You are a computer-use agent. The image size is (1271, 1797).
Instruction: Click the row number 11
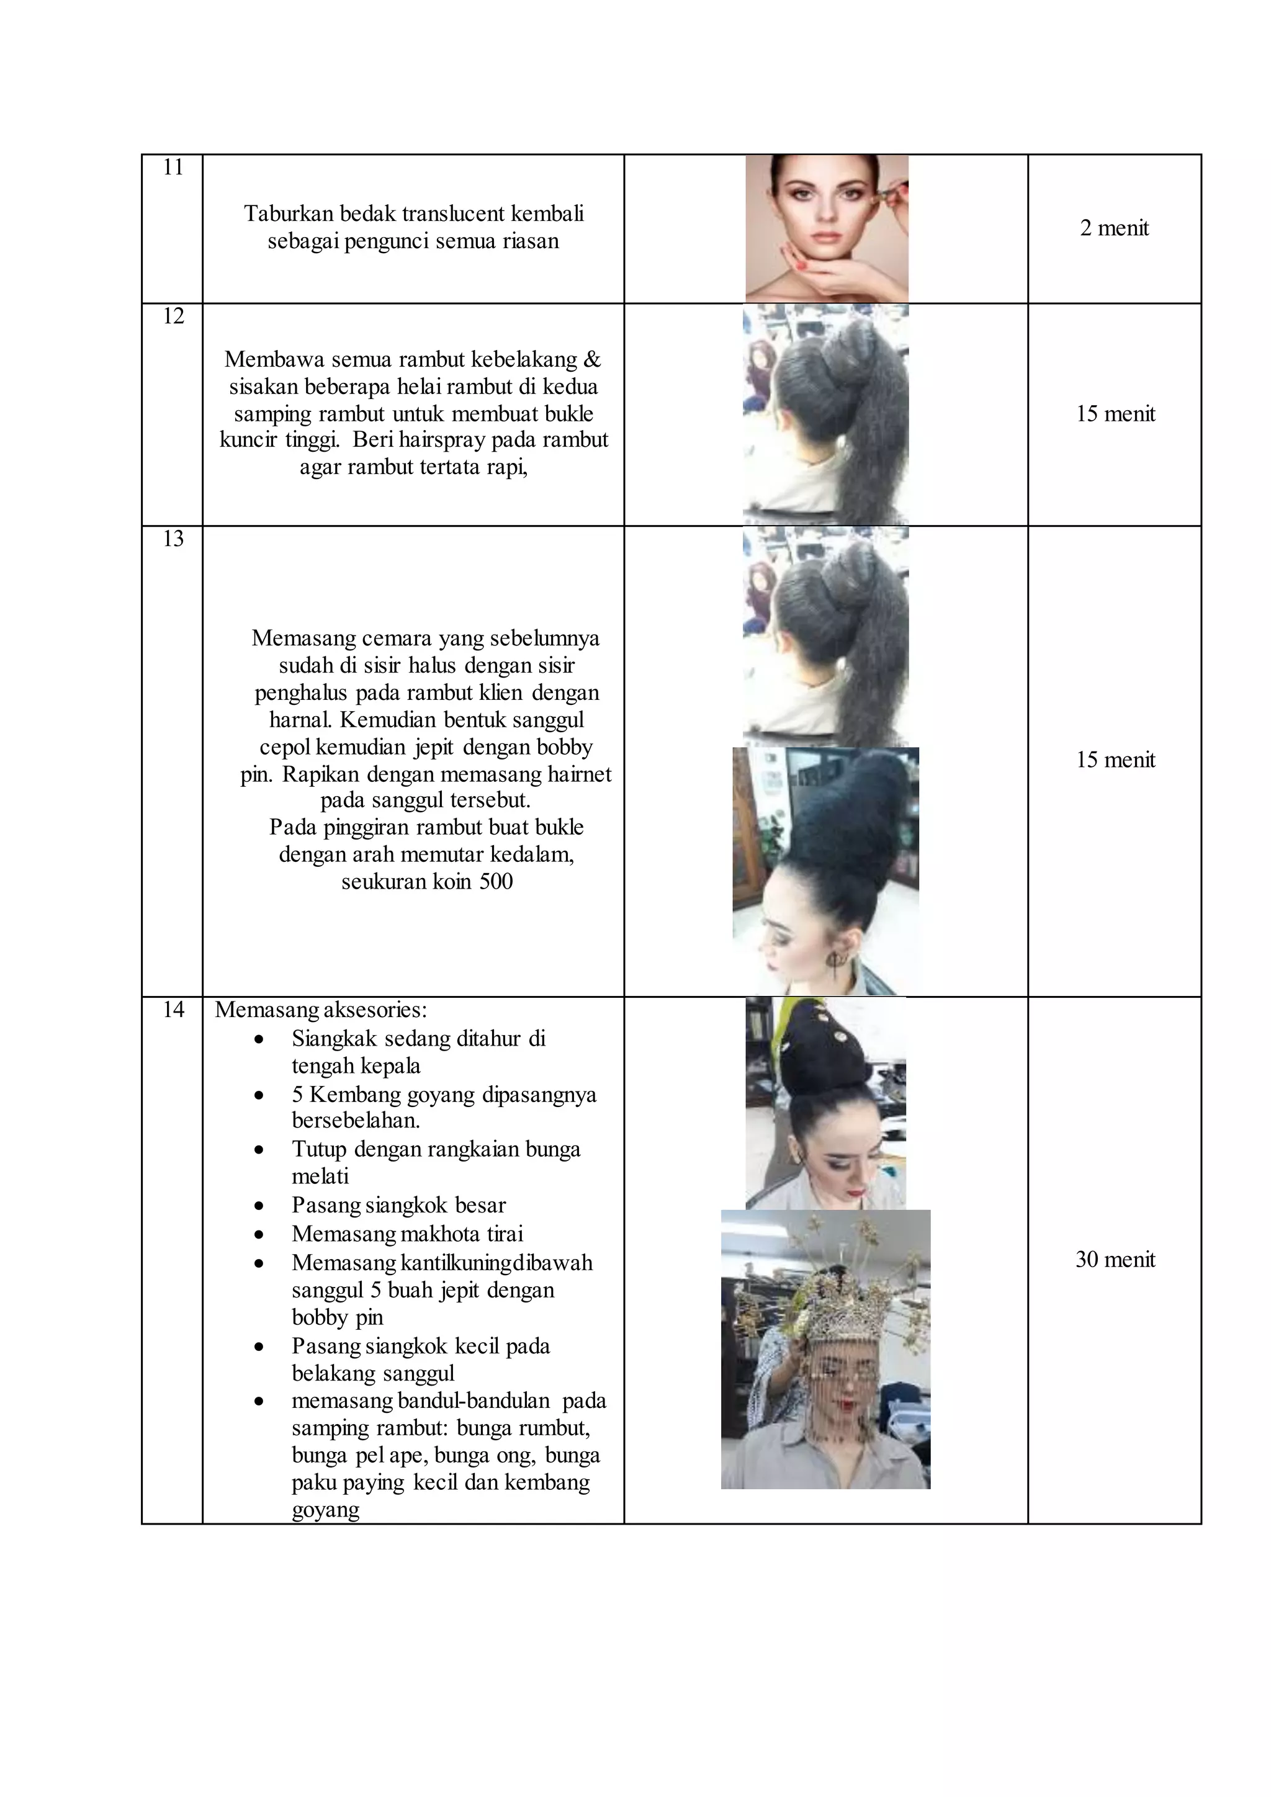point(173,168)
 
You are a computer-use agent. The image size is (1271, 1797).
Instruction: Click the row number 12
point(173,316)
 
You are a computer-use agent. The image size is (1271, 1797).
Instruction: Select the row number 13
point(173,539)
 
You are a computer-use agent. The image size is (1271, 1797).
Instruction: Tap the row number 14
point(173,1010)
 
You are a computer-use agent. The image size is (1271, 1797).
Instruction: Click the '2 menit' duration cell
point(1114,228)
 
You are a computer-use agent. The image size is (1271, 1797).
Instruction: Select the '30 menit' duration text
point(1115,1259)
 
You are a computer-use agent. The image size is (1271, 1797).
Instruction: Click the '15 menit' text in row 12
point(1115,414)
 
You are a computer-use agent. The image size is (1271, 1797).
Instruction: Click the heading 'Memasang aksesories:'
point(321,1010)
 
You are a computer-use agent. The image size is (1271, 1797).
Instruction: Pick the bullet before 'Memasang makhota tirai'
point(259,1235)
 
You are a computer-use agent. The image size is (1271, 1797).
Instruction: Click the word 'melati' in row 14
point(320,1176)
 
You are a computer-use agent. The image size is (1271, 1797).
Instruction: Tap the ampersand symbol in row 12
point(593,359)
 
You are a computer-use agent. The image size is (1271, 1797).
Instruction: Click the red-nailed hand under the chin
point(814,276)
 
